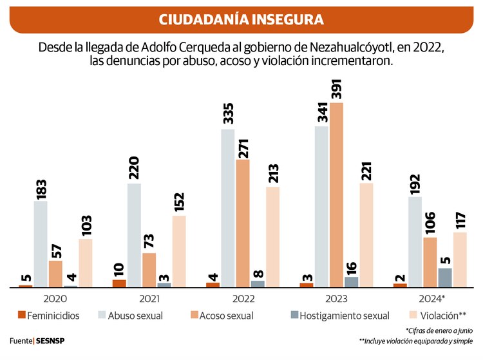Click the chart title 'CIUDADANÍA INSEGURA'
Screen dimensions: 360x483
tap(241, 19)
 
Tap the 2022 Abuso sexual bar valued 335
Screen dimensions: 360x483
tap(227, 208)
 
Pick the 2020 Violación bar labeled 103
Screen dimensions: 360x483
tap(86, 263)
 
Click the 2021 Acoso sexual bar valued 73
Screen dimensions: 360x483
tap(149, 270)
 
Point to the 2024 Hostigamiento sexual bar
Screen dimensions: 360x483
tap(445, 278)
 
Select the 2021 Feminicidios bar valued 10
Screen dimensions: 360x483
tap(119, 283)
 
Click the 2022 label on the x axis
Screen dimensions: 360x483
tap(243, 299)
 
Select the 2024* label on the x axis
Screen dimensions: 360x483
tap(430, 299)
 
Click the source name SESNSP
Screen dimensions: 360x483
tap(50, 340)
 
